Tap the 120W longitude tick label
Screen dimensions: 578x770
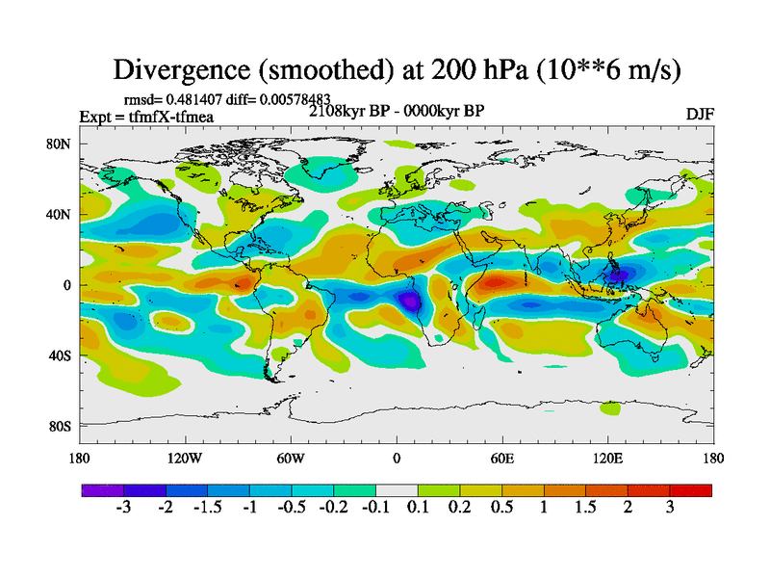pos(184,458)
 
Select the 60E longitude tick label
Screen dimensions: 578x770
pos(501,458)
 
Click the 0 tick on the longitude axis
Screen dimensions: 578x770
pos(396,458)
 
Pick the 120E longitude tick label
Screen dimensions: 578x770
pos(607,458)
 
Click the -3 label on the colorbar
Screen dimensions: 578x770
pos(123,508)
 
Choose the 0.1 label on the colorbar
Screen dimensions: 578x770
pos(417,508)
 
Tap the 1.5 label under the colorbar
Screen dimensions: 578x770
pos(585,508)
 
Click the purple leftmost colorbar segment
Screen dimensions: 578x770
pos(102,490)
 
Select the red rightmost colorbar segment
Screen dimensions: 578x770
pos(690,490)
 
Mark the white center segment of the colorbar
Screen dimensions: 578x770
pos(396,490)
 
